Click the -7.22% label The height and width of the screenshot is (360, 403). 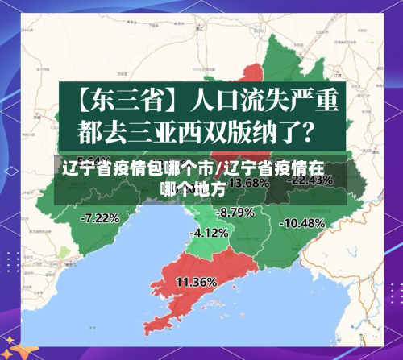[x=100, y=217]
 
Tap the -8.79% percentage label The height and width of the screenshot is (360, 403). [x=236, y=212]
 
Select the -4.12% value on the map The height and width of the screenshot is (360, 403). [x=208, y=233]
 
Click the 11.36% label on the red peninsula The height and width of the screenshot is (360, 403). [x=196, y=282]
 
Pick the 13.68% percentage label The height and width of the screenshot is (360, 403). [x=249, y=183]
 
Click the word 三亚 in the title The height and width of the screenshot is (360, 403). [x=161, y=129]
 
